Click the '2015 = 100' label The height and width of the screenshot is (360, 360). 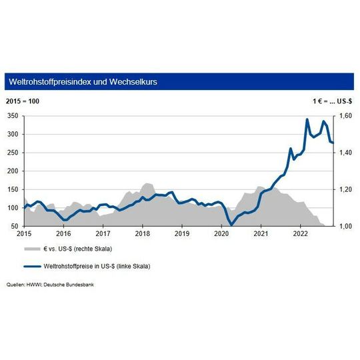click(23, 101)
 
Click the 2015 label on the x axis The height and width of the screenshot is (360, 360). click(24, 235)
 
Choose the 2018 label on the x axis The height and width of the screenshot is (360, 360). click(142, 235)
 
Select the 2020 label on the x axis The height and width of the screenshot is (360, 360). click(221, 235)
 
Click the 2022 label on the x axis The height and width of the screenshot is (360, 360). click(301, 235)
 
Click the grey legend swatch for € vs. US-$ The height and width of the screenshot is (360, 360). click(31, 249)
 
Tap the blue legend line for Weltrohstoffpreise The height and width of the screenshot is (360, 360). click(31, 266)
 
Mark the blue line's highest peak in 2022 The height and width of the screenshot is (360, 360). click(307, 119)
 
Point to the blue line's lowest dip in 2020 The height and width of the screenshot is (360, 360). click(231, 225)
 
